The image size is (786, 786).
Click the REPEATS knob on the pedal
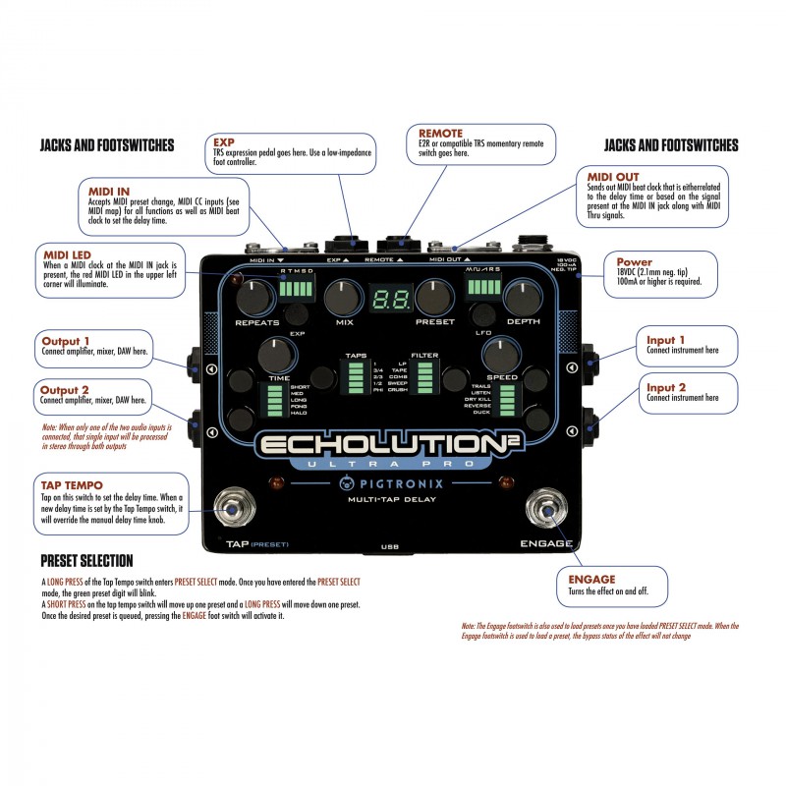256,296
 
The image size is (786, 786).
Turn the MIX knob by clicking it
343,296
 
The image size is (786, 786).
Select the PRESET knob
432,296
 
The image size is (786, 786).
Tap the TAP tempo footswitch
232,510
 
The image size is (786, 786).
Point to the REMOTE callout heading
440,133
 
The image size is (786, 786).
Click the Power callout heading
634,262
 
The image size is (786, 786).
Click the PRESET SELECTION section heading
86,561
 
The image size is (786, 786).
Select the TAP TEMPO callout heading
72,485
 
